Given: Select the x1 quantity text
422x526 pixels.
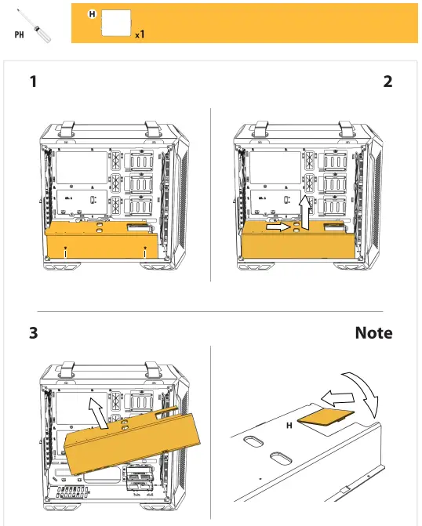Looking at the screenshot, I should (x=139, y=34).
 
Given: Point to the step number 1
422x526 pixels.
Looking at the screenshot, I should (x=33, y=82).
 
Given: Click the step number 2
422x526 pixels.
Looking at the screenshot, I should (x=387, y=82).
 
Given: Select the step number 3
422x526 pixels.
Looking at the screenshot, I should (x=33, y=333).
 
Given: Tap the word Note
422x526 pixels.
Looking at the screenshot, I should (x=373, y=333).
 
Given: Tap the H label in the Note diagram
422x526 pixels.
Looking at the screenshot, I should (x=289, y=426).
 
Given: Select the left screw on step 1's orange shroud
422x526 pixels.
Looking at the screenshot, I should (x=65, y=252).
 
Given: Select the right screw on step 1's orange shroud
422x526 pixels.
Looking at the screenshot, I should (x=147, y=252).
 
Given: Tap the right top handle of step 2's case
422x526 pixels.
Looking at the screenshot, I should (x=344, y=125).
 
